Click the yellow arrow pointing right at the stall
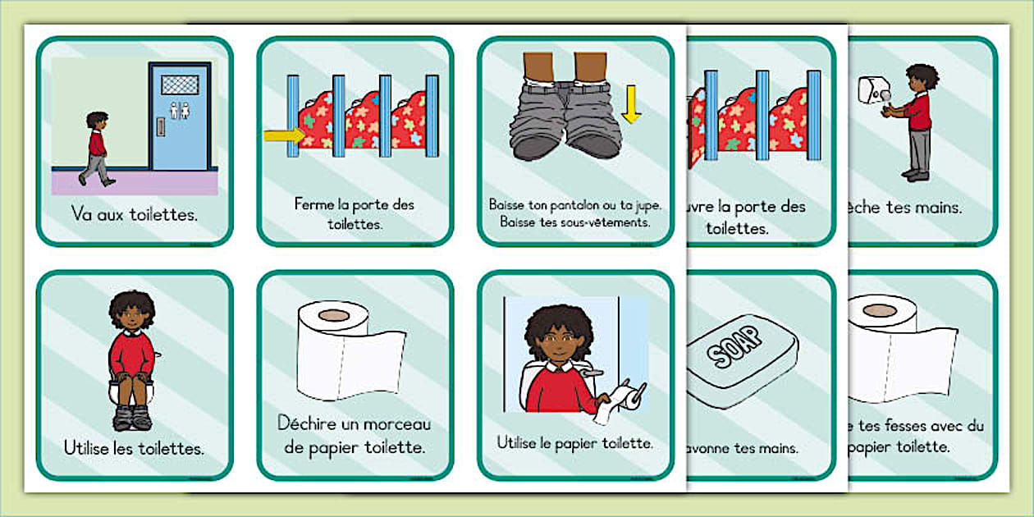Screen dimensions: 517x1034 282,135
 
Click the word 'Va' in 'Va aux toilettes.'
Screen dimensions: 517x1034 81,215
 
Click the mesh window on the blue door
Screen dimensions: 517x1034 180,84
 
